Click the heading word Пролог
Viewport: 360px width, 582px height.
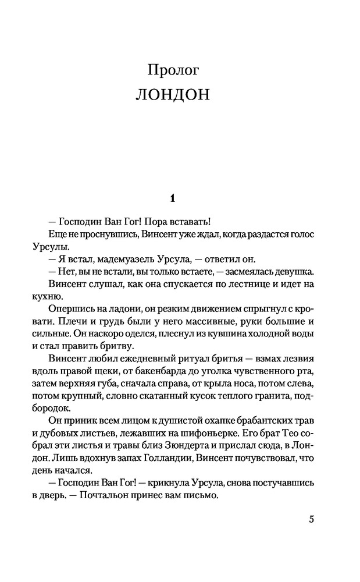pyautogui.click(x=174, y=70)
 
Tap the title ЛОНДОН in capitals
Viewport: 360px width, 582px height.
pyautogui.click(x=172, y=95)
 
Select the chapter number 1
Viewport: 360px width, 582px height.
pyautogui.click(x=172, y=198)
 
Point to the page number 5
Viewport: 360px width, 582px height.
pyautogui.click(x=311, y=520)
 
